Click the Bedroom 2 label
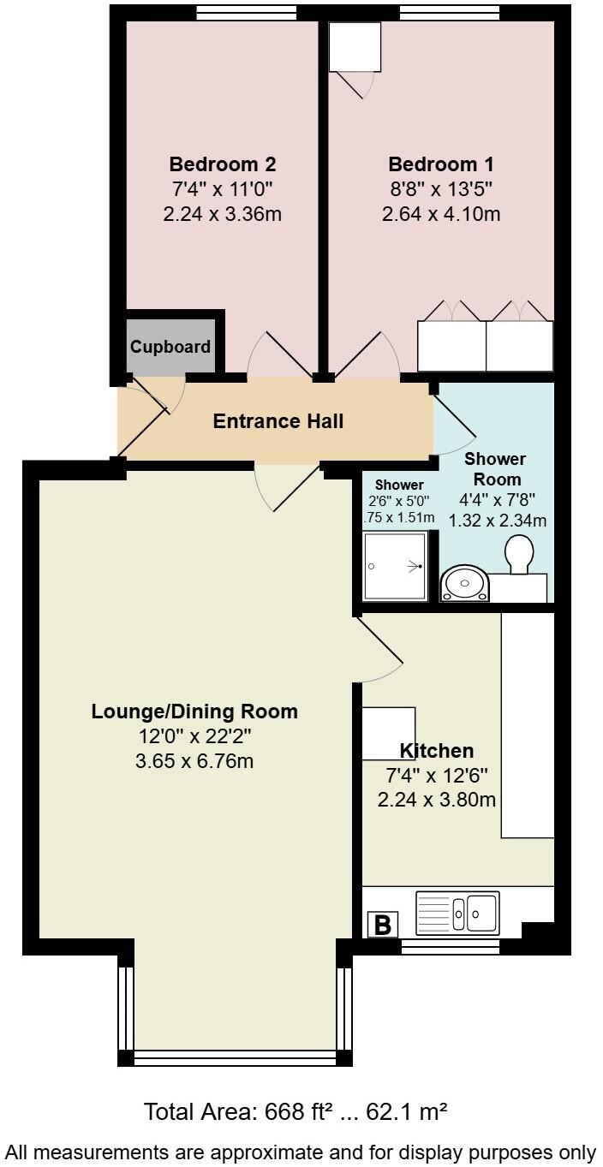pos(222,164)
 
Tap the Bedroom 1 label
pos(441,164)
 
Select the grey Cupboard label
pos(170,347)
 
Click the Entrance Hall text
pos(278,420)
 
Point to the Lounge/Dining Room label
pos(194,711)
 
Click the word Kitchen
pos(437,751)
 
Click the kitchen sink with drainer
pos(457,914)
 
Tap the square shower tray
pos(395,566)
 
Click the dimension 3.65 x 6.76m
pos(194,760)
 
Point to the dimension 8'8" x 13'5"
pos(441,188)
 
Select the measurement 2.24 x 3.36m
pos(222,213)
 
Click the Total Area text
pos(296,1112)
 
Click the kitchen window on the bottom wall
pos(451,947)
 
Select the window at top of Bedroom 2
pos(246,12)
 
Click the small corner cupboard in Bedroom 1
pos(355,47)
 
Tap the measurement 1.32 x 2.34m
pos(498,520)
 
